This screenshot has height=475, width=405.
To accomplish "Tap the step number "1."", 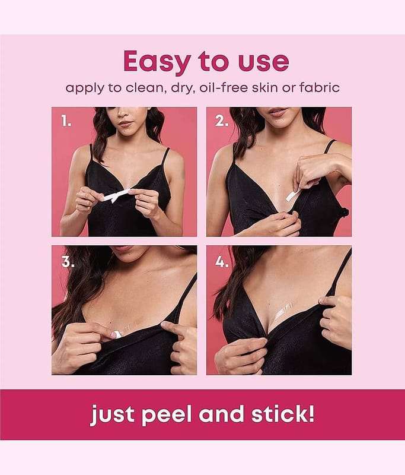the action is click(x=66, y=121).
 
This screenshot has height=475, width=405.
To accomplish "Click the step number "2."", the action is click(x=222, y=121).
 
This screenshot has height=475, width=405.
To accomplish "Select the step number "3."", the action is click(x=68, y=262).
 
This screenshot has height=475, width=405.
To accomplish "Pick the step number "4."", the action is click(x=222, y=262).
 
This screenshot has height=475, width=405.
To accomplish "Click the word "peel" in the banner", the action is click(x=167, y=414).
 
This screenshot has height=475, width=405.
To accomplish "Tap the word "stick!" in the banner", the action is click(x=283, y=414).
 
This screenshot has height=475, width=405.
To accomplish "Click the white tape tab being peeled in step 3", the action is click(x=117, y=334).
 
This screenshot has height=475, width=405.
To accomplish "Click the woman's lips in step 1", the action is click(x=126, y=123).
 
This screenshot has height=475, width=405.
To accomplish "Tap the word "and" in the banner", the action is click(x=221, y=414).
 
